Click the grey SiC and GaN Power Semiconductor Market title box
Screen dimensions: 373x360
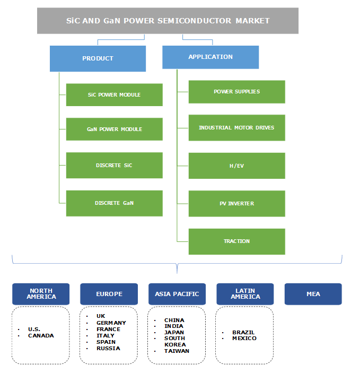[x=168, y=21]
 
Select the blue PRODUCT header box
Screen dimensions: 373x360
[x=98, y=58]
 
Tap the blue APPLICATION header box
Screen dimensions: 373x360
[x=210, y=57]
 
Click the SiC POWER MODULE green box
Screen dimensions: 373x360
[x=114, y=95]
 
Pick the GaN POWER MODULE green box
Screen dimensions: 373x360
[x=114, y=129]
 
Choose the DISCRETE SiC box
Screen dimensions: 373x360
[x=114, y=166]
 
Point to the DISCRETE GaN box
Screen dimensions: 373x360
[x=114, y=203]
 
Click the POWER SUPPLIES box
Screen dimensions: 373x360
[x=236, y=92]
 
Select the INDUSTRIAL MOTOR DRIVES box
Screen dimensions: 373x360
[x=236, y=128]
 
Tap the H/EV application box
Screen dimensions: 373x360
[x=236, y=166]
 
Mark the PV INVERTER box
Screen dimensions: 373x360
[x=236, y=204]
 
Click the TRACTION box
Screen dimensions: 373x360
[x=236, y=241]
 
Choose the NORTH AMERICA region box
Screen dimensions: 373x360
[x=41, y=294]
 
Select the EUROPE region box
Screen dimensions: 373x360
[x=109, y=294]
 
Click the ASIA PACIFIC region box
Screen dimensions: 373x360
[x=177, y=294]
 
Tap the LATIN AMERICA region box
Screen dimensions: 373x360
[x=245, y=294]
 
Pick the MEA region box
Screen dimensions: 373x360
[x=313, y=294]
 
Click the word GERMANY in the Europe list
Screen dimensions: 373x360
[x=111, y=323]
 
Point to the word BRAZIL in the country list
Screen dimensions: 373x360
[x=243, y=333]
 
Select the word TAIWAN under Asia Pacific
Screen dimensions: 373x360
[x=176, y=351]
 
